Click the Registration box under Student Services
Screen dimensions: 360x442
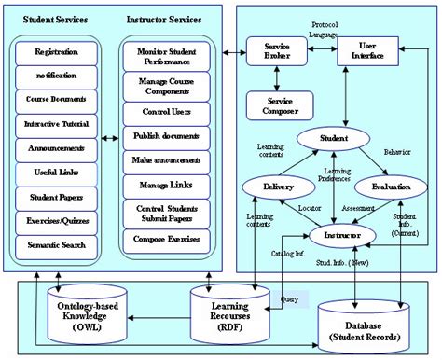(x=56, y=52)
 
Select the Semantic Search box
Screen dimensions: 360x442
(x=56, y=245)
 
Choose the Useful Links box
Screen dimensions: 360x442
(x=56, y=173)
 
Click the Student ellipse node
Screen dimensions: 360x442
(x=334, y=139)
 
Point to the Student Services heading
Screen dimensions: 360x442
(x=56, y=18)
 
